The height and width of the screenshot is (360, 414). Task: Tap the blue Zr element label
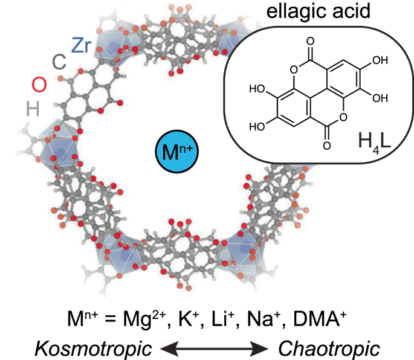(82, 45)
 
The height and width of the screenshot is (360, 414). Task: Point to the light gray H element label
(33, 108)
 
